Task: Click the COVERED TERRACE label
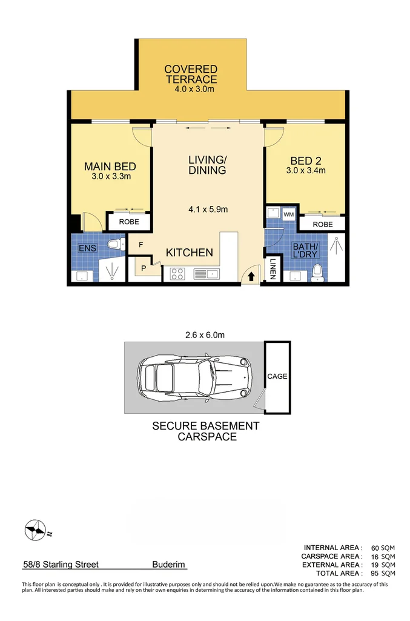pyautogui.click(x=190, y=75)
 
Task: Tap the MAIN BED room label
pyautogui.click(x=110, y=167)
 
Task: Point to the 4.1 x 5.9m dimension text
pyautogui.click(x=208, y=210)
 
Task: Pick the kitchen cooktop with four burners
pyautogui.click(x=177, y=273)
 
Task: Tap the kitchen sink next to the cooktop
pyautogui.click(x=207, y=274)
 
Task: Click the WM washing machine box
pyautogui.click(x=288, y=214)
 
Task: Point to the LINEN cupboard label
pyautogui.click(x=273, y=269)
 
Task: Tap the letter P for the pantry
pyautogui.click(x=144, y=267)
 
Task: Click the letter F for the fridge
pyautogui.click(x=141, y=245)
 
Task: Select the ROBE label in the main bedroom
pyautogui.click(x=128, y=222)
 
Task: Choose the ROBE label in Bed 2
pyautogui.click(x=323, y=224)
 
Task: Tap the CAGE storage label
pyautogui.click(x=277, y=376)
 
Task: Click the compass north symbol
pyautogui.click(x=36, y=530)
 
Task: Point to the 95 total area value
pyautogui.click(x=373, y=573)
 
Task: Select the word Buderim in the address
pyautogui.click(x=169, y=564)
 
